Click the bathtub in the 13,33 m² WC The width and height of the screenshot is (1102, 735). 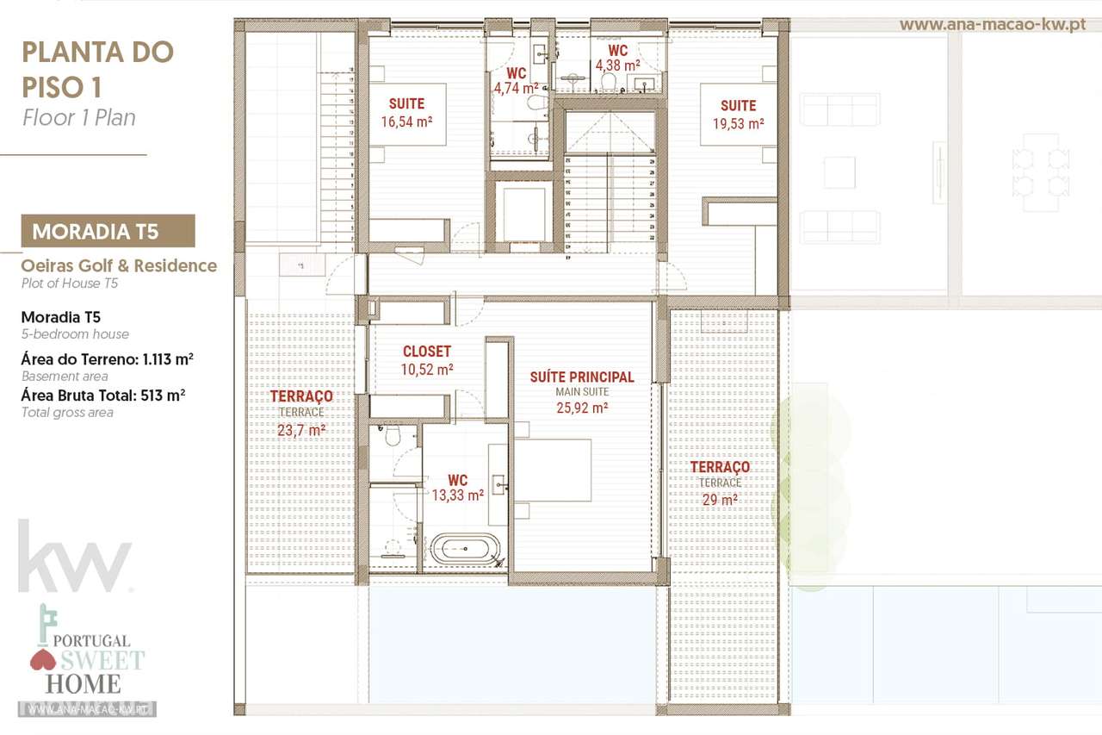tap(464, 548)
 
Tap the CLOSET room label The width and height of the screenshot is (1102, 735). tap(426, 352)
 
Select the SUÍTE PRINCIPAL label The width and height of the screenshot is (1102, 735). tap(582, 377)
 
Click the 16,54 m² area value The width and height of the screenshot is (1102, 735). tap(406, 121)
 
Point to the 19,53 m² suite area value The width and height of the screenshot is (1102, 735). tap(738, 123)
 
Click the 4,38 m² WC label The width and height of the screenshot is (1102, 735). tap(617, 65)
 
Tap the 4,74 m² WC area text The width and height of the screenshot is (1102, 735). tap(516, 87)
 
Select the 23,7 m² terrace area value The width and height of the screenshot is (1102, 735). tap(301, 430)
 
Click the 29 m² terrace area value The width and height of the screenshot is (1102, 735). tap(720, 500)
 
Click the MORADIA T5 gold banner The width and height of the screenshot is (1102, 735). tap(108, 231)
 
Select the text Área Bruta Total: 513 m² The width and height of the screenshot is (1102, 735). tap(103, 395)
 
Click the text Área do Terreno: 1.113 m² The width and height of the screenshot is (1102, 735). tap(107, 358)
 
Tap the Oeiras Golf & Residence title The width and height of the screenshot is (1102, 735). tap(119, 265)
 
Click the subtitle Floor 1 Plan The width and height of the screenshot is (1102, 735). tap(78, 118)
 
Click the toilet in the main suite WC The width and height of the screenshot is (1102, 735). tap(393, 437)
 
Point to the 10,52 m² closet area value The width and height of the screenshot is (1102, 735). tap(426, 369)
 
